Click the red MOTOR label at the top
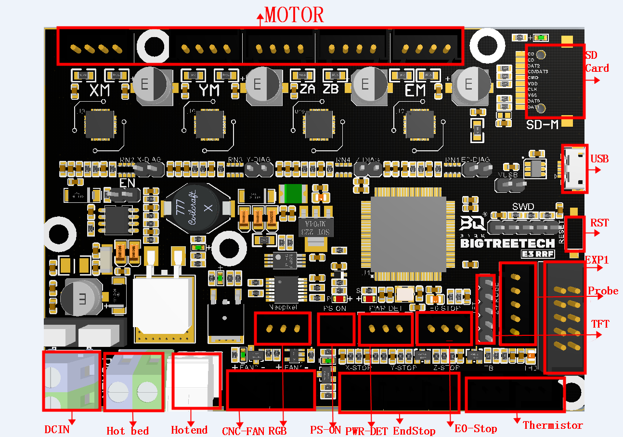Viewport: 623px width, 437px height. click(294, 15)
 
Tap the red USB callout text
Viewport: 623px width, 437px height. click(599, 159)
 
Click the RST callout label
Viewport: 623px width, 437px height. click(599, 223)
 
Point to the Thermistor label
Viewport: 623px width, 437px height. click(553, 425)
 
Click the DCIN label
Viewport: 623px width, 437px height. click(57, 429)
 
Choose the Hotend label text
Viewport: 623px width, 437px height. click(189, 430)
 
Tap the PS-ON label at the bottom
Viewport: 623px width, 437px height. click(325, 429)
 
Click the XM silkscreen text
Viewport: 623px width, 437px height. click(100, 90)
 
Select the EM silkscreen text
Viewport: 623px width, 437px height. click(415, 90)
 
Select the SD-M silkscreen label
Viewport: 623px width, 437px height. click(543, 124)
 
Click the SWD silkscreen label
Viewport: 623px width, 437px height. click(523, 207)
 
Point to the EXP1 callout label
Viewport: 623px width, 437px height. click(597, 260)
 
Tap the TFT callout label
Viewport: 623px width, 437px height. click(600, 324)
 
